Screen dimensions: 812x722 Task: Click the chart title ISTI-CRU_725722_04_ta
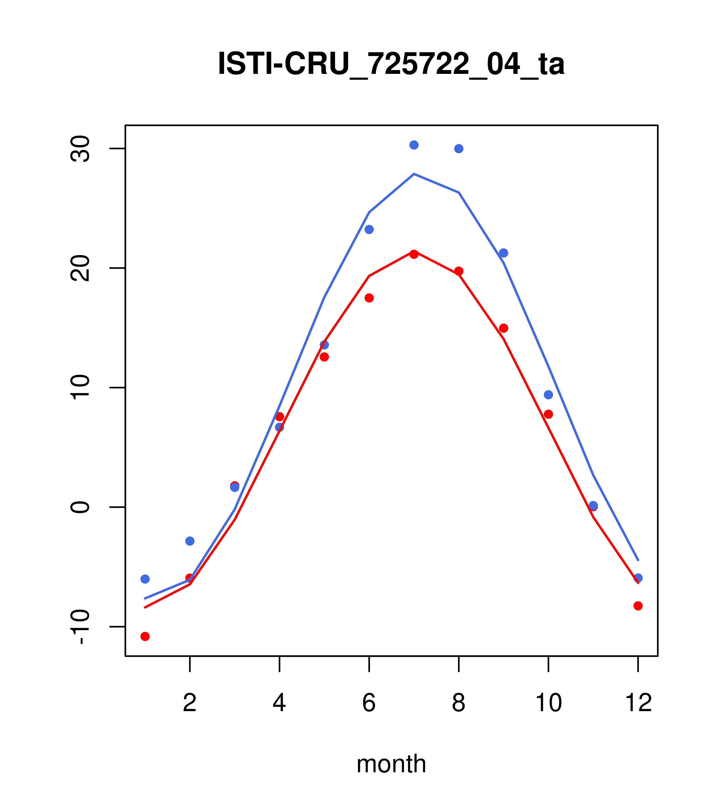[x=391, y=64]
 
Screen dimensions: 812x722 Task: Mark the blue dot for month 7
[x=414, y=145]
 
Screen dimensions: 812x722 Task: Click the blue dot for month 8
[x=459, y=148]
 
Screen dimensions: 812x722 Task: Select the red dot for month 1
[x=145, y=637]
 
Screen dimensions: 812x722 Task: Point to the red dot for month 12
[x=638, y=606]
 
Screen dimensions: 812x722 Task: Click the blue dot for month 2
[x=190, y=541]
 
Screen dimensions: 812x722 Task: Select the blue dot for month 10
[x=548, y=395]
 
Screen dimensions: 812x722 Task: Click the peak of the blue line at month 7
[x=414, y=174]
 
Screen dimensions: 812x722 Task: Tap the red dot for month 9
[x=503, y=328]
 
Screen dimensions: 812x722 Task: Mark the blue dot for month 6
[x=369, y=229]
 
